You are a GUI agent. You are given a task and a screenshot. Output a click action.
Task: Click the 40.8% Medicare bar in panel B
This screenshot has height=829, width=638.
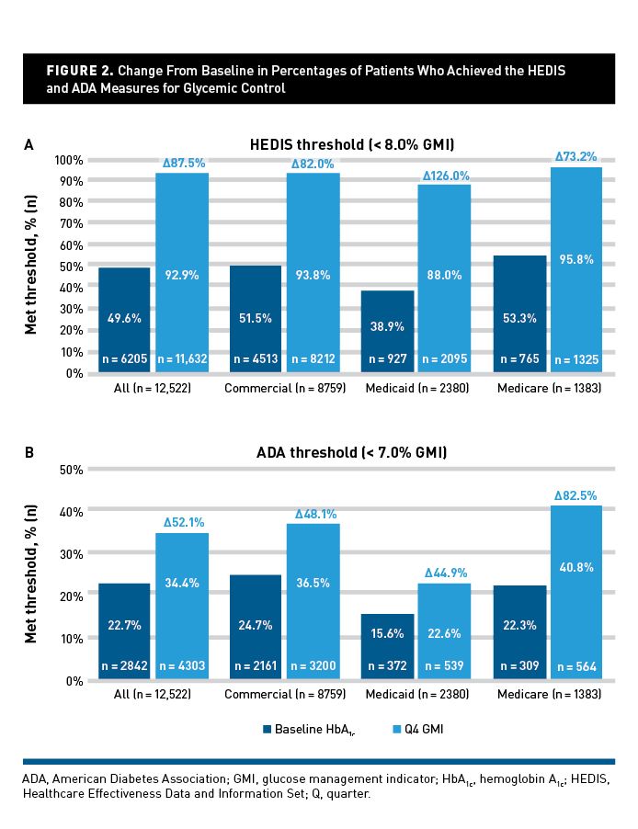point(575,593)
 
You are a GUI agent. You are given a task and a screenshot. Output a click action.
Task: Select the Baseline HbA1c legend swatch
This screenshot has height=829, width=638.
point(268,729)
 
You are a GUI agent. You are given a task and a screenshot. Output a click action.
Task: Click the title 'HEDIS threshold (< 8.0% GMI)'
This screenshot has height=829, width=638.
point(352,144)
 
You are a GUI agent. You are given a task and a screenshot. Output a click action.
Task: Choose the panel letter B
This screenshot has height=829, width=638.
point(28,452)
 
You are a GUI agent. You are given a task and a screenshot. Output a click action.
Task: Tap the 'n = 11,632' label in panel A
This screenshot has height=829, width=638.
point(182,359)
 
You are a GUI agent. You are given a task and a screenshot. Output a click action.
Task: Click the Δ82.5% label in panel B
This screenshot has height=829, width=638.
point(576,494)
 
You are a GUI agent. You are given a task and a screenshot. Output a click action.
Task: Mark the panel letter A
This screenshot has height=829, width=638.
point(28,144)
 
